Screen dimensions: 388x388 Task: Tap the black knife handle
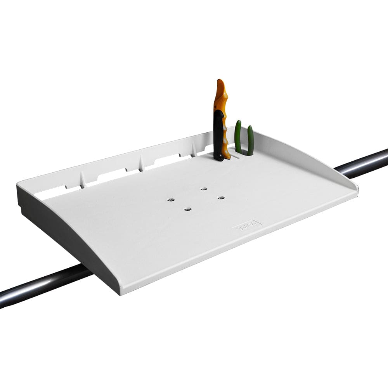tap(218, 136)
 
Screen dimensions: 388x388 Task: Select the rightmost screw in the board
tap(221, 198)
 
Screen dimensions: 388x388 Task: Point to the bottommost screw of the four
tap(187, 210)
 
